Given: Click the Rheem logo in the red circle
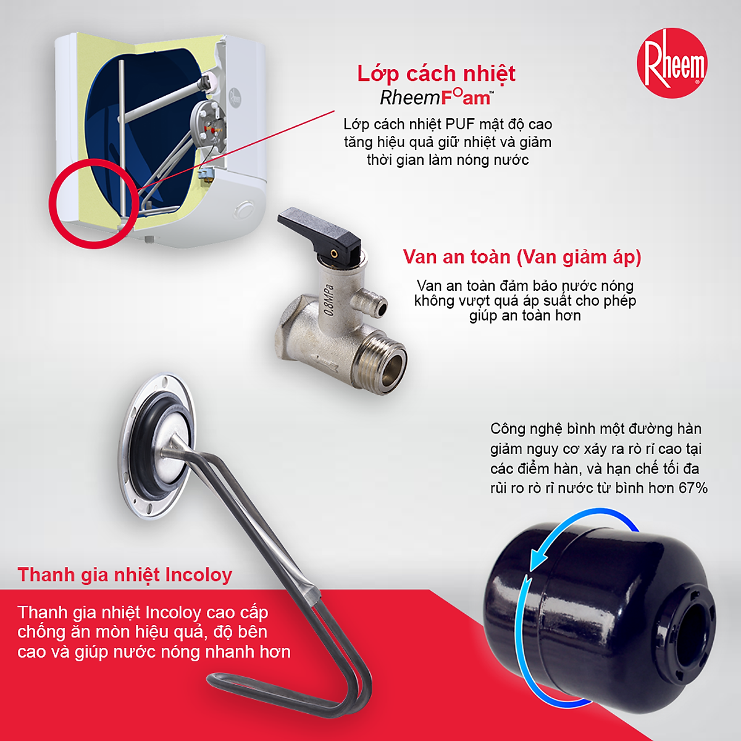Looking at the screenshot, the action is [x=672, y=63].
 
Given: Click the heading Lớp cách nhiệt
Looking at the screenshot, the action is [x=436, y=73].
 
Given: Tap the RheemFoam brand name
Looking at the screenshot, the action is [x=437, y=98].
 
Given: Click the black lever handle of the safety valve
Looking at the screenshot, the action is [x=319, y=229].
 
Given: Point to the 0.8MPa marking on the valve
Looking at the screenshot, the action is [x=329, y=300].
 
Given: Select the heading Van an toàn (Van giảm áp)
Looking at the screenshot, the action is [x=522, y=257].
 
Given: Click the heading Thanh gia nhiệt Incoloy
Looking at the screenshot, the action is [x=125, y=575].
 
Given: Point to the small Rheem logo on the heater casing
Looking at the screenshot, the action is [x=235, y=97].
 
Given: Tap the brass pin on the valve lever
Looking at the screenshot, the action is [x=335, y=253].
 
